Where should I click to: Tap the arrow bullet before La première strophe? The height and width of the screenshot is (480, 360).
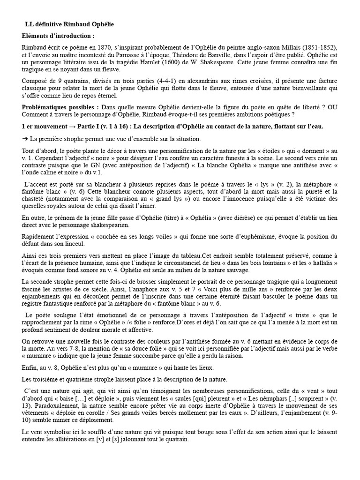(25, 139)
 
